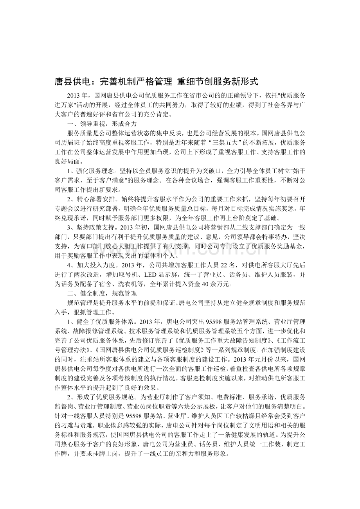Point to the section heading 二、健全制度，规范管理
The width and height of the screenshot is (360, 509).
[x=101, y=293]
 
